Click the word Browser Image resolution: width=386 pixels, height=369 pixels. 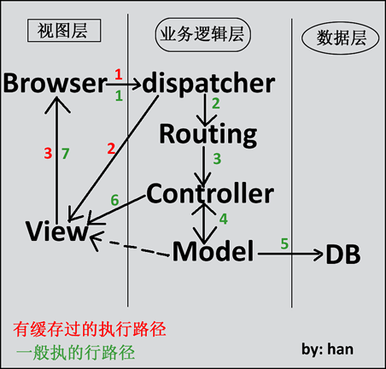(x=55, y=83)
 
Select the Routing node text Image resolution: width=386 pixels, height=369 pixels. (x=208, y=135)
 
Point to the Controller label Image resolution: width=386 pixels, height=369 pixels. (x=210, y=194)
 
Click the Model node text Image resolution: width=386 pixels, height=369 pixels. (x=213, y=251)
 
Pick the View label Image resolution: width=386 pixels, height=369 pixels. (x=56, y=231)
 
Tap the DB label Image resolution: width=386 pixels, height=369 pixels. (x=343, y=255)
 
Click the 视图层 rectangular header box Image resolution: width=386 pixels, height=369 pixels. (x=64, y=31)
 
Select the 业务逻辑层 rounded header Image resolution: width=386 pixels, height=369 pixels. (x=202, y=35)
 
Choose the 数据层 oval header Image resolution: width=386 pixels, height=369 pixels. (x=341, y=38)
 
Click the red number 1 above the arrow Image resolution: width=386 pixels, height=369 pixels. (x=119, y=74)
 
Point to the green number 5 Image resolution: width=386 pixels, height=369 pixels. (x=284, y=243)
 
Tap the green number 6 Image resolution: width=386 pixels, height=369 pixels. (x=114, y=200)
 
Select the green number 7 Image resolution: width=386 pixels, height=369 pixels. (x=66, y=154)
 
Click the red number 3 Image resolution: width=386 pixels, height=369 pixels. (x=48, y=154)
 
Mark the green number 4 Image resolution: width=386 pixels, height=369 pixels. (x=224, y=219)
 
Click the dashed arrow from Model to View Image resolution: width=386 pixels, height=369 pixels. (x=130, y=245)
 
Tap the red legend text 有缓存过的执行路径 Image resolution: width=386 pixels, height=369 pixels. (x=90, y=330)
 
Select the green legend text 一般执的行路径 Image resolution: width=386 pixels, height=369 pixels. (x=76, y=353)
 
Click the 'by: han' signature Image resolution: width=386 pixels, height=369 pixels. (x=327, y=349)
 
